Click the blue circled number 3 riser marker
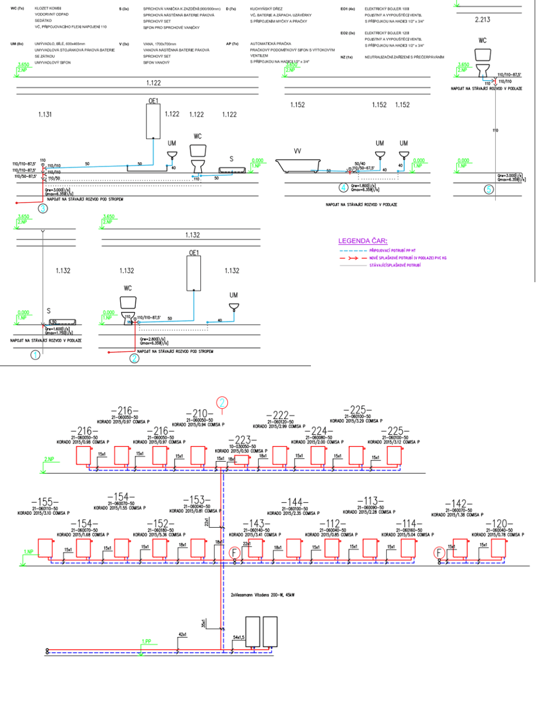click(x=42, y=209)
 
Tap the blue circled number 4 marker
click(x=343, y=188)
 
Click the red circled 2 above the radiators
click(x=222, y=402)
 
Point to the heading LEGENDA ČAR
click(x=362, y=241)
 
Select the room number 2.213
click(x=482, y=20)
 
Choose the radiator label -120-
click(x=499, y=523)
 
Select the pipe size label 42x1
click(x=182, y=635)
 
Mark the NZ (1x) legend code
click(x=346, y=56)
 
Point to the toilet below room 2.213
click(x=482, y=61)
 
